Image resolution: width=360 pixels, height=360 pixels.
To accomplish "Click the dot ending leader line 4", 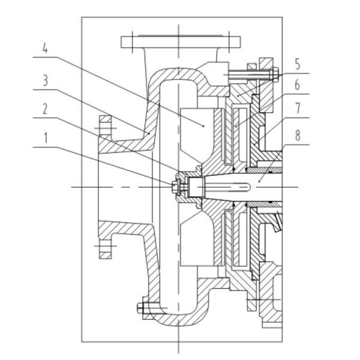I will click(x=204, y=126).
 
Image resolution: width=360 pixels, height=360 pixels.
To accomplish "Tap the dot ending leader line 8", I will click(x=259, y=178).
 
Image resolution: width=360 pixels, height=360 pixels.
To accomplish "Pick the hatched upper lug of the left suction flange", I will click(x=106, y=129).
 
